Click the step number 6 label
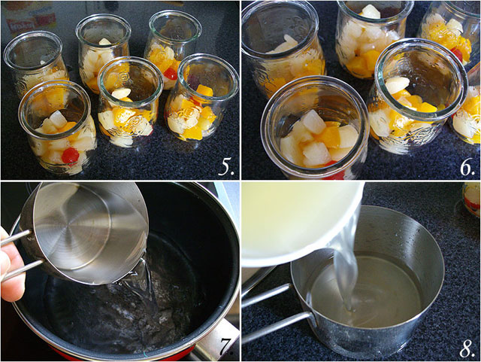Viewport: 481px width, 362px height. (467, 167)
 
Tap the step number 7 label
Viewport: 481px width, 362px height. (226, 347)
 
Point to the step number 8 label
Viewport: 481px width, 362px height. (467, 348)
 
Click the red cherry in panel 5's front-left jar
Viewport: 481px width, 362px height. (70, 156)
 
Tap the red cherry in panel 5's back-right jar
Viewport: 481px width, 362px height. (170, 74)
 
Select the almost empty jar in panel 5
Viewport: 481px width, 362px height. (36, 63)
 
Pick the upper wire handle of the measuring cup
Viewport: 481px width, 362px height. (16, 237)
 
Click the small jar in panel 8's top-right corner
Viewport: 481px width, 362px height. (471, 199)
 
